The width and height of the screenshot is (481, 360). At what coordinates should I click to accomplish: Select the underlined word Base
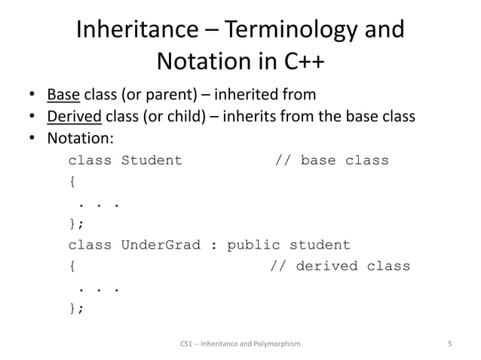click(63, 95)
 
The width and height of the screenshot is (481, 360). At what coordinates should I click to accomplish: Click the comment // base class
click(332, 160)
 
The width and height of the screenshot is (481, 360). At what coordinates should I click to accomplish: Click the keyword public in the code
click(253, 245)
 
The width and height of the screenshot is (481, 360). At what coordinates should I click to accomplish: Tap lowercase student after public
click(320, 245)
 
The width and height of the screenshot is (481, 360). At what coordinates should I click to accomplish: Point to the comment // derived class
click(340, 266)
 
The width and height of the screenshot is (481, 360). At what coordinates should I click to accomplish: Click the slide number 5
click(449, 344)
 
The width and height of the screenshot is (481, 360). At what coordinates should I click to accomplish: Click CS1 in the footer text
click(187, 344)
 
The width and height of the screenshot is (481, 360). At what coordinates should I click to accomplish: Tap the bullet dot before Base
click(32, 96)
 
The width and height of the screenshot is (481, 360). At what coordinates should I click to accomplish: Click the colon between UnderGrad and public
click(213, 246)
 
